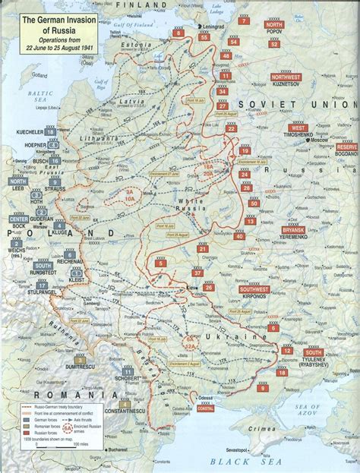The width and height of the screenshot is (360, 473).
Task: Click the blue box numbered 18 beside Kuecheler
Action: click(x=50, y=132)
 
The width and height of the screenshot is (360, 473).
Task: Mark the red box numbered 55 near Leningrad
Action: click(x=204, y=36)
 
